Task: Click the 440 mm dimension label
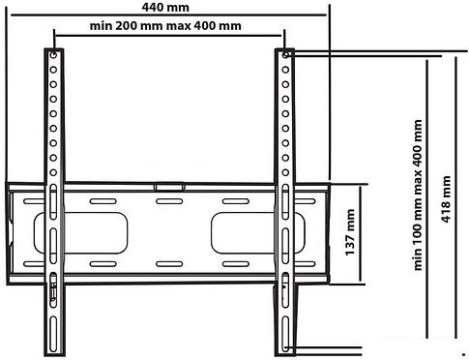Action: pyautogui.click(x=165, y=7)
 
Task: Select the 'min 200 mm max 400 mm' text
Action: pyautogui.click(x=165, y=25)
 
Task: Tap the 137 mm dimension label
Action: pyautogui.click(x=350, y=232)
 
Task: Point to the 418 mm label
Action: pyautogui.click(x=446, y=199)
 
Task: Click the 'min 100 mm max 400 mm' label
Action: pyautogui.click(x=418, y=195)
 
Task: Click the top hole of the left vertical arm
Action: pyautogui.click(x=53, y=55)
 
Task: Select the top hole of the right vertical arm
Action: pyautogui.click(x=285, y=55)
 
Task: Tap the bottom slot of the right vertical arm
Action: pyautogui.click(x=285, y=334)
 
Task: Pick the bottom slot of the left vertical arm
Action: pyautogui.click(x=53, y=334)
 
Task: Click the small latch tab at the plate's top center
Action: pyautogui.click(x=169, y=187)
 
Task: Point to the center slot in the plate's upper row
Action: pyautogui.click(x=169, y=201)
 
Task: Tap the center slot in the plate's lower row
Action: pyautogui.click(x=169, y=264)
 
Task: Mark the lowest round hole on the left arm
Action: pyautogui.click(x=53, y=172)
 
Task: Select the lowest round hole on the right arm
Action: pyautogui.click(x=285, y=172)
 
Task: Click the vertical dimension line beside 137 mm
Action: pyautogui.click(x=360, y=234)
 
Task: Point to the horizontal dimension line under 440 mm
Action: pyautogui.click(x=169, y=15)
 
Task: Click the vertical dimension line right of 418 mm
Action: pyautogui.click(x=455, y=197)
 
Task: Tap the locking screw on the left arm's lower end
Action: pyautogui.click(x=53, y=292)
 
